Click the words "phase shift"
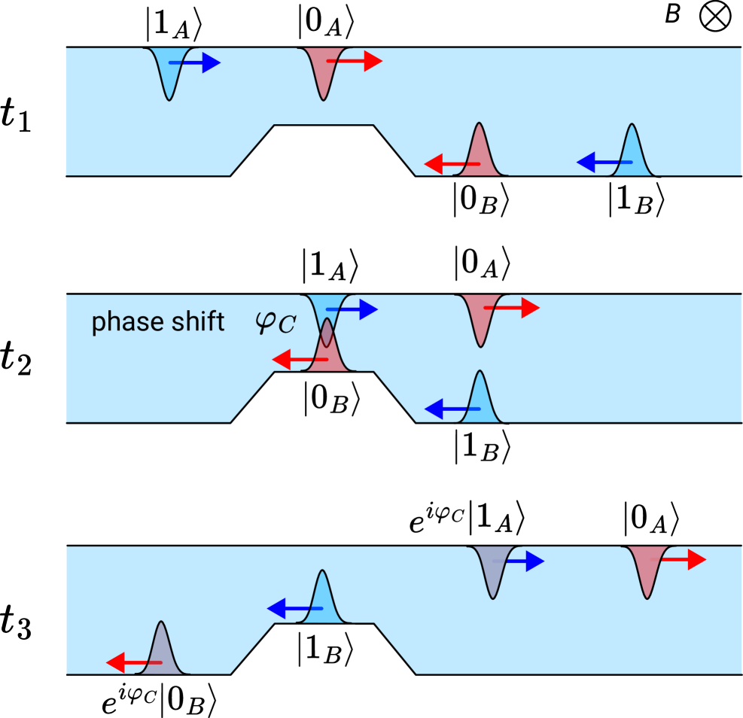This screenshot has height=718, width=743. (158, 323)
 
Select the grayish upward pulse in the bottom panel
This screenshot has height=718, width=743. (160, 650)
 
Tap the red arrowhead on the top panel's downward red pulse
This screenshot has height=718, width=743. (373, 61)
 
